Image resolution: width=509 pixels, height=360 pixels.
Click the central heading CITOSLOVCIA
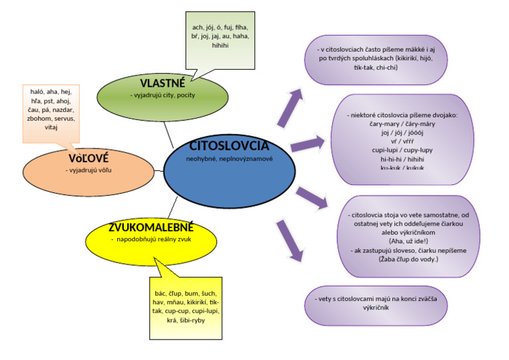pos(229,146)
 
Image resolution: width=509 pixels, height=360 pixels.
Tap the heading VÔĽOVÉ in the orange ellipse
pos(88,158)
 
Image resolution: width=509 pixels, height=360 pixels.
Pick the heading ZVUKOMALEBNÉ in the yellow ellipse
pos(152,228)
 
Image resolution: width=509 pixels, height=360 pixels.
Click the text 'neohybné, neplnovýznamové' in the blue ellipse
pos(229,159)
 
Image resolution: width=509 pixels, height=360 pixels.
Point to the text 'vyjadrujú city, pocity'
pos(162,95)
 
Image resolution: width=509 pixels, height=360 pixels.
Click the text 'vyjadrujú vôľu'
pos(87,170)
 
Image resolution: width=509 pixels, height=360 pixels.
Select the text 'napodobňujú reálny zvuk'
pos(153,239)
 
